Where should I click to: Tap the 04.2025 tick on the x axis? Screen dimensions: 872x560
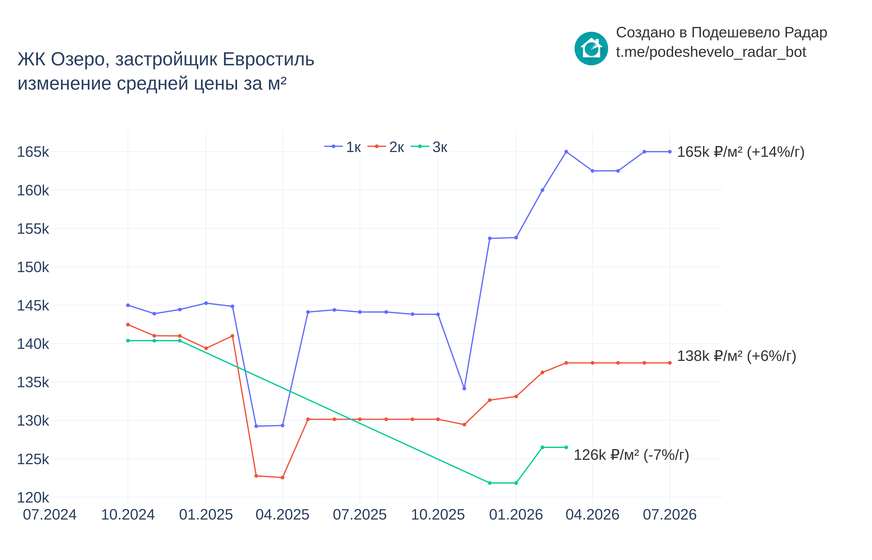click(x=282, y=515)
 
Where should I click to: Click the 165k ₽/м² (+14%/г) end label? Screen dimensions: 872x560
click(x=741, y=152)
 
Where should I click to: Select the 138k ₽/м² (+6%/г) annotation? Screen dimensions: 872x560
click(x=737, y=356)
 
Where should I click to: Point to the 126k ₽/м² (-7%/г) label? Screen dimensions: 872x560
click(x=631, y=455)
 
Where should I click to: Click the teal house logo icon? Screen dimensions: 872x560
click(x=591, y=48)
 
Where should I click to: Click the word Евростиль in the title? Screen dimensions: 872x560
click(x=269, y=59)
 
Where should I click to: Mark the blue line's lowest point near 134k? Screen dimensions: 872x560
click(x=464, y=388)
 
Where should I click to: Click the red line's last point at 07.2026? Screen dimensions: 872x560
click(x=670, y=363)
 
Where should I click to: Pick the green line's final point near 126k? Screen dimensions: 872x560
click(x=566, y=447)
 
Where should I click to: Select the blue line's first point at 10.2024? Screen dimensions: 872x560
click(x=128, y=305)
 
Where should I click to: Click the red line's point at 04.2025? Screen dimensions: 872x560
click(x=282, y=477)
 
